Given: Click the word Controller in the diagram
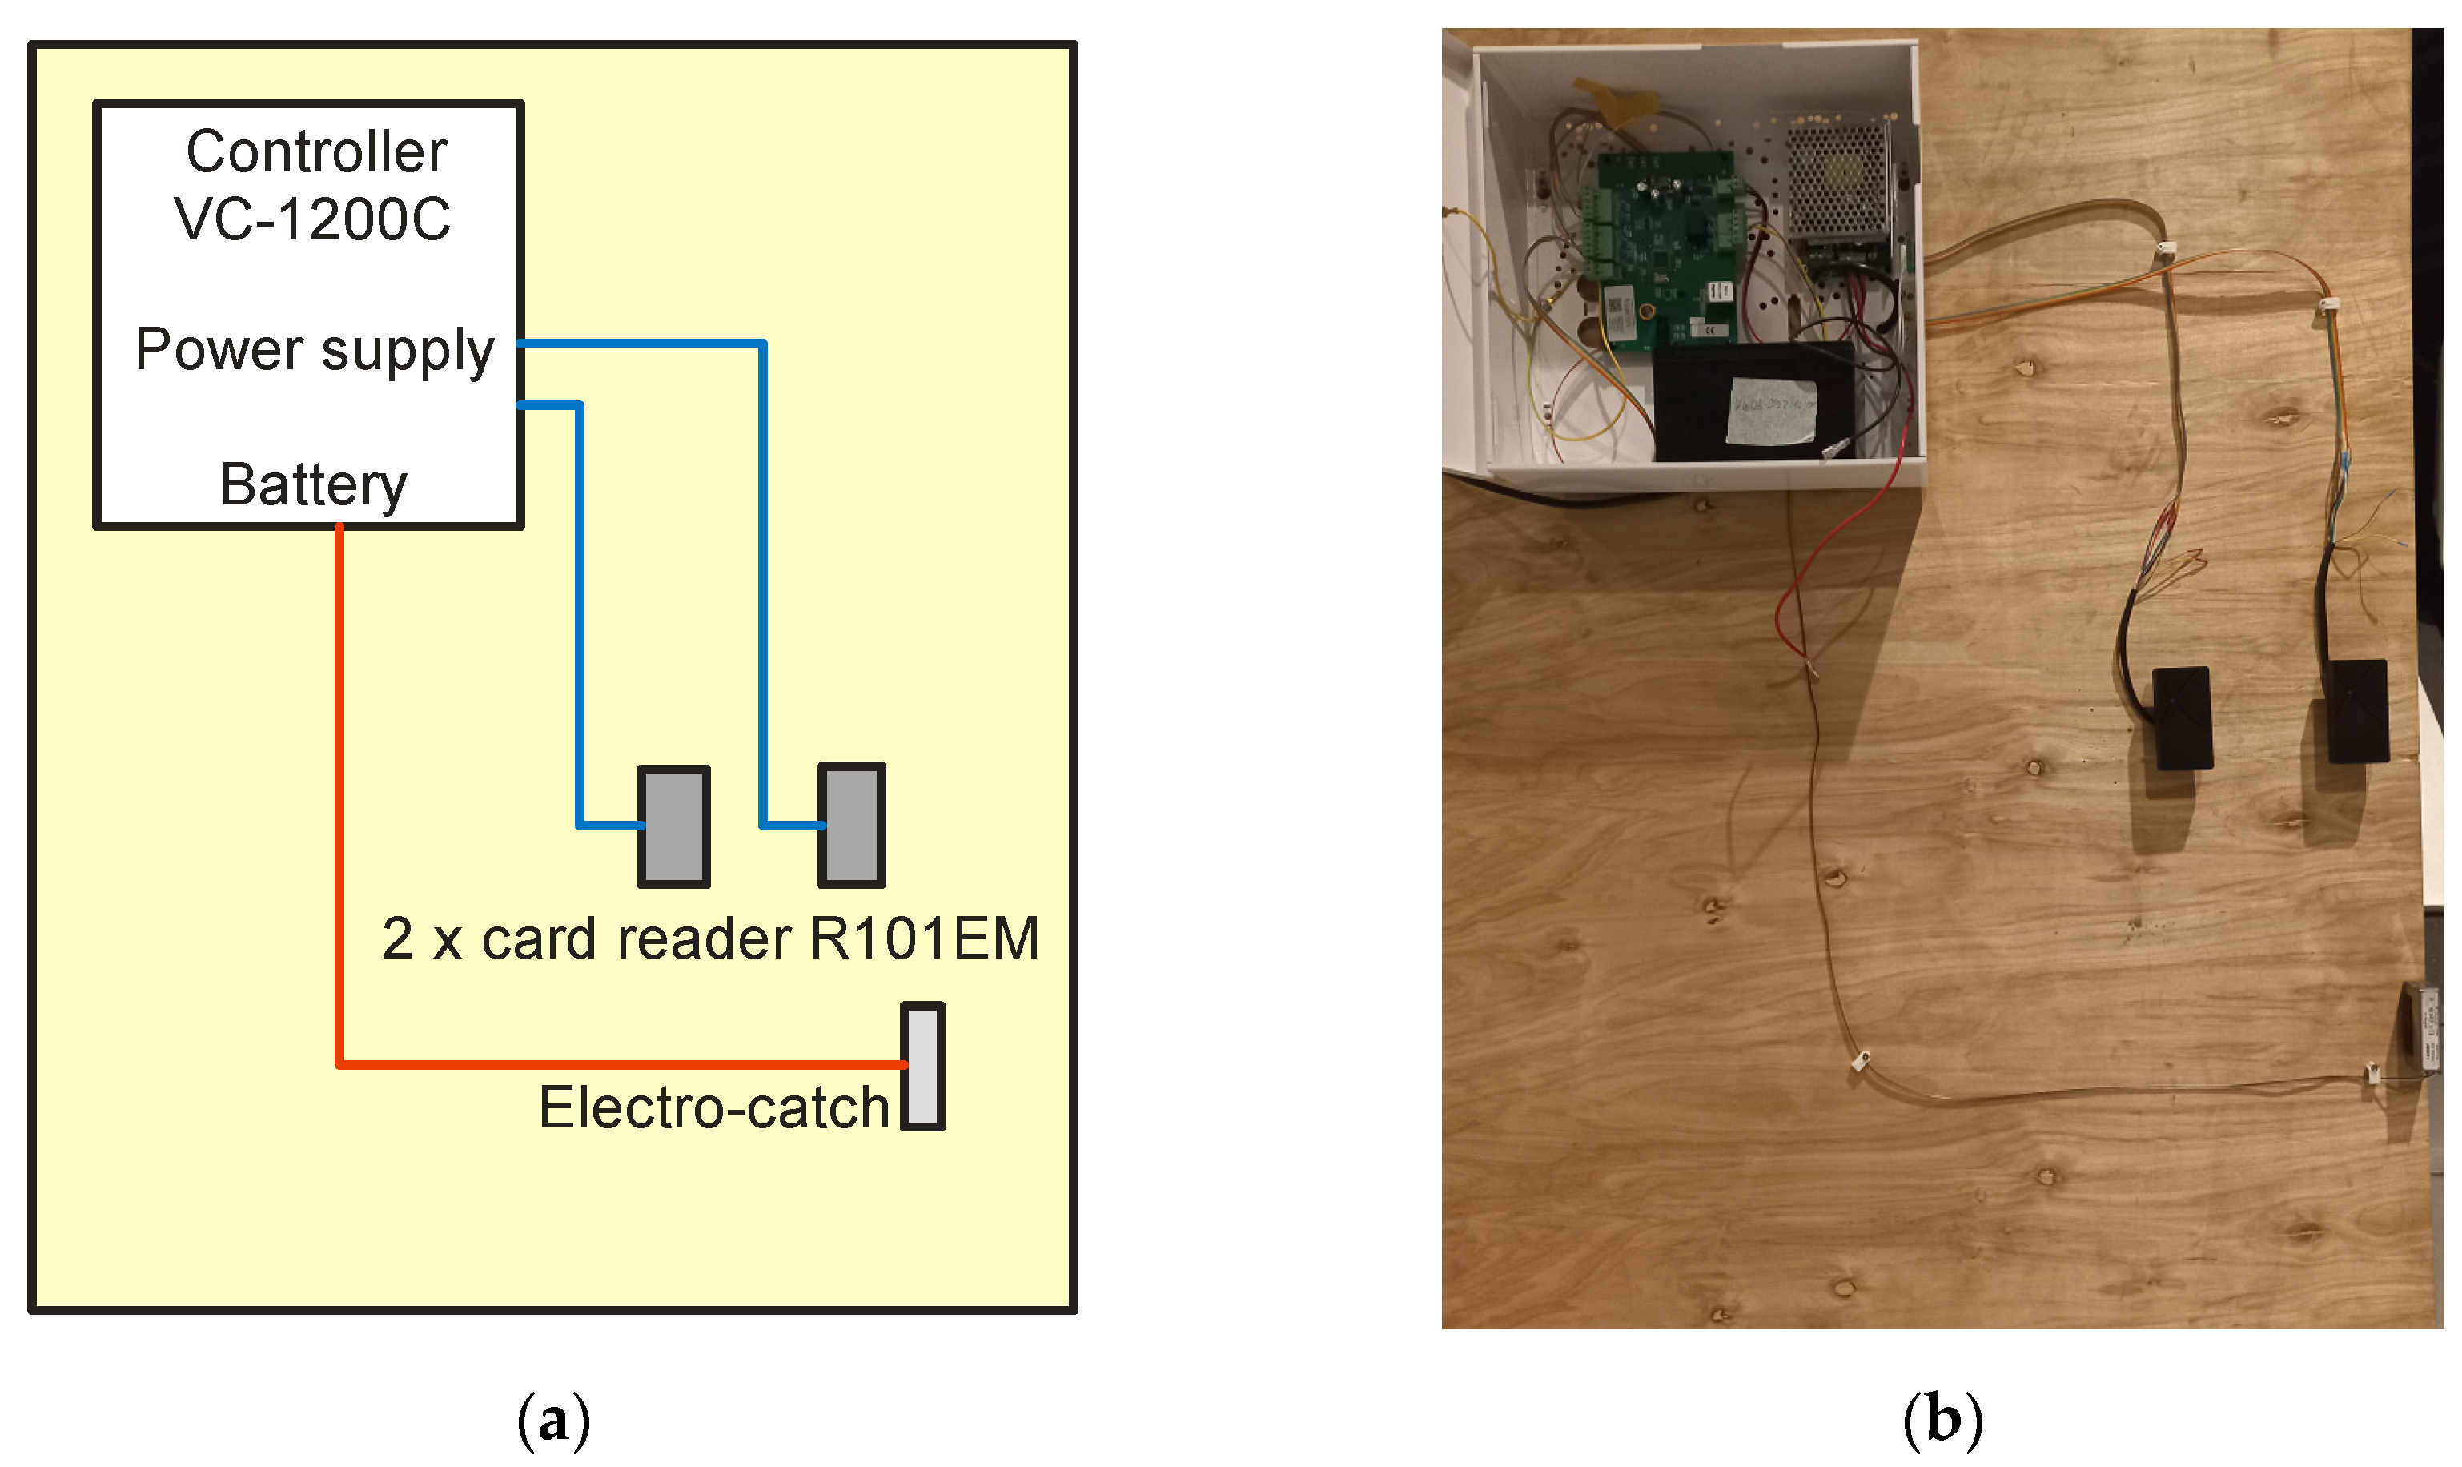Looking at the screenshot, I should pyautogui.click(x=316, y=152).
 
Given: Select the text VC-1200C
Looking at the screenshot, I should pyautogui.click(x=312, y=219).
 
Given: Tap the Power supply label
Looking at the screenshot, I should pyautogui.click(x=315, y=350).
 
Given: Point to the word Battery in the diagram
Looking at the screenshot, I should pyautogui.click(x=312, y=484).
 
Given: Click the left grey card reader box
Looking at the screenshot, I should pyautogui.click(x=674, y=826).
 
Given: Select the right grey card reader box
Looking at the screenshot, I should pyautogui.click(x=852, y=825).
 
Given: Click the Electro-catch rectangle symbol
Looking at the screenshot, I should pyautogui.click(x=922, y=1067).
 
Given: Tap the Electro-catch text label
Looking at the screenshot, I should pyautogui.click(x=713, y=1108).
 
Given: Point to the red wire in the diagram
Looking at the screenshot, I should pyautogui.click(x=340, y=791).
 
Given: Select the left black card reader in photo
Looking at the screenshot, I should pyautogui.click(x=2183, y=718).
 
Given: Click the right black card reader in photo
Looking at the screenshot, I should pyautogui.click(x=2360, y=712).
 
